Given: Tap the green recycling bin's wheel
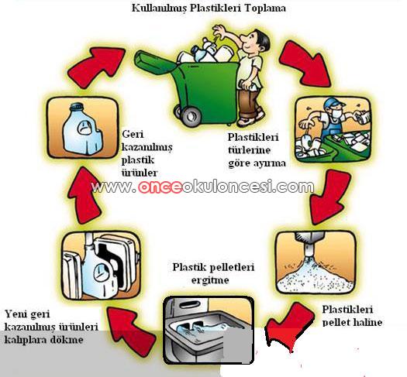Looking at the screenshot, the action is (x=190, y=116).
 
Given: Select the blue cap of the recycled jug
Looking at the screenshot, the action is (x=78, y=107).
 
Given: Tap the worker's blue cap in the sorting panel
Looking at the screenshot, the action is (x=334, y=103).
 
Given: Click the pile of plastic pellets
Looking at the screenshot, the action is (x=315, y=279).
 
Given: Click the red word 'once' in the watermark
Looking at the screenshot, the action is (x=160, y=187).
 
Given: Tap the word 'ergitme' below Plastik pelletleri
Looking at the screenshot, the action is (x=210, y=280).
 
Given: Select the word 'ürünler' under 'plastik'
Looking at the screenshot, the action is (x=140, y=173).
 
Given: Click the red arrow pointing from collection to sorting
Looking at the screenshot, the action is (x=305, y=63).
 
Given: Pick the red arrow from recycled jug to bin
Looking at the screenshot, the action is (x=97, y=65).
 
